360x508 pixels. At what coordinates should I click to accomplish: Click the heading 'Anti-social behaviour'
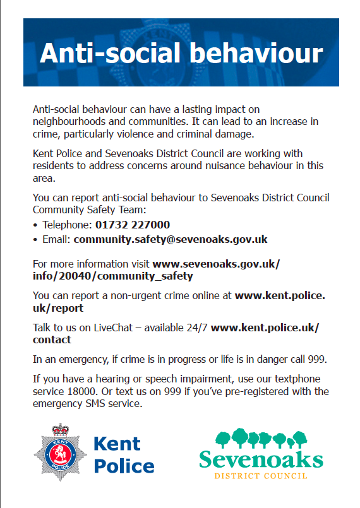[181, 53]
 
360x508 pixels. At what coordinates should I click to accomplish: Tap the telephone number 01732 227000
[133, 225]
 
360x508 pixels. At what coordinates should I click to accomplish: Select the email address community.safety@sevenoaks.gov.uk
[171, 239]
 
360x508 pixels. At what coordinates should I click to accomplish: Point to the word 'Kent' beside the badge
[117, 444]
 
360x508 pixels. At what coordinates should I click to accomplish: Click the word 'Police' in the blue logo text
[124, 467]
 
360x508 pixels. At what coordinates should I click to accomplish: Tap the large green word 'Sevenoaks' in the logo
[261, 459]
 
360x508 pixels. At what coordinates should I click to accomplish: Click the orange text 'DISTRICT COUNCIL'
[261, 475]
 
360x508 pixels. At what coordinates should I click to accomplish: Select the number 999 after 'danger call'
[316, 359]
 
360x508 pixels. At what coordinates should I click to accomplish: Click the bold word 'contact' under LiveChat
[52, 340]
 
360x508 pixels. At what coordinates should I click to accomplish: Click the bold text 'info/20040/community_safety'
[113, 276]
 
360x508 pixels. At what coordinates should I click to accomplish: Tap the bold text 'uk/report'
[58, 309]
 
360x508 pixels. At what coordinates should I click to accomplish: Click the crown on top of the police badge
[60, 429]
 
